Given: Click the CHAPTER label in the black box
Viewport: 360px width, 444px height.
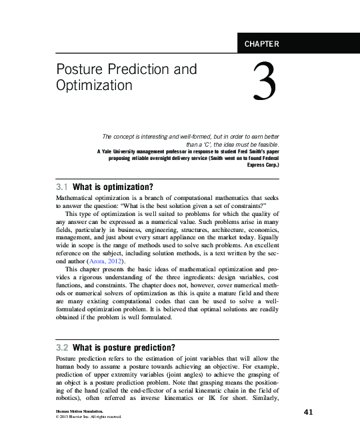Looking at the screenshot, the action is [x=262, y=45].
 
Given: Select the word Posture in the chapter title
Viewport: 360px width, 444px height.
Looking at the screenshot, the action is [x=76, y=70].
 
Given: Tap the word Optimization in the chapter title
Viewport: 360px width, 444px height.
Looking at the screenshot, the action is [x=95, y=85].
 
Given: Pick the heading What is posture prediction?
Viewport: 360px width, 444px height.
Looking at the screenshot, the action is [x=124, y=347].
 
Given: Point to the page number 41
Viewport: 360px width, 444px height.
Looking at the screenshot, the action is [x=308, y=412].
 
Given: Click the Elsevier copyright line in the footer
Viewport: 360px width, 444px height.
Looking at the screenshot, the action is [x=89, y=417].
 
